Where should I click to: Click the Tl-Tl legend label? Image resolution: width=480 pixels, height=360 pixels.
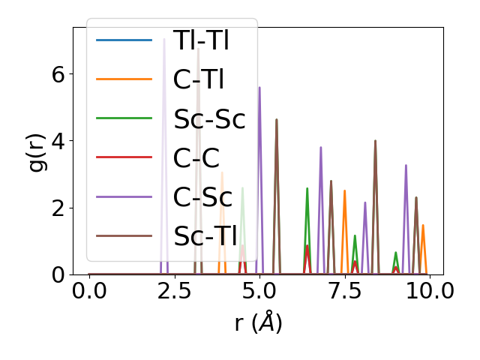pos(200,40)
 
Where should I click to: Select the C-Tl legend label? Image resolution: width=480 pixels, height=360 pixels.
pos(199,79)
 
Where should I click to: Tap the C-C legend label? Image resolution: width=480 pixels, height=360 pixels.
pos(196,157)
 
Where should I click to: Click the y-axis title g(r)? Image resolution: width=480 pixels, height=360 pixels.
pos(37,151)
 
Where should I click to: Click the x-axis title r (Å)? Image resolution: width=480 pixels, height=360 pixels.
pos(257,322)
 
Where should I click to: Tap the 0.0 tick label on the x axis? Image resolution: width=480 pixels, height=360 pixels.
pos(89,290)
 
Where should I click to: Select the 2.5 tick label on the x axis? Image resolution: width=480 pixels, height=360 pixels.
pos(174,290)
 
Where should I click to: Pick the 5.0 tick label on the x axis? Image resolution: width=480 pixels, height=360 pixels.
pos(259,290)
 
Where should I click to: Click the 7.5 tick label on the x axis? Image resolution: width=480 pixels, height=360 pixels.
pos(344,290)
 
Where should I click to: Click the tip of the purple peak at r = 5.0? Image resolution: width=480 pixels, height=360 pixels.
pos(259,88)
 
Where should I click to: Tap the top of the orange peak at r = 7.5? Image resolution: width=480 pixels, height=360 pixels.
pos(344,190)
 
